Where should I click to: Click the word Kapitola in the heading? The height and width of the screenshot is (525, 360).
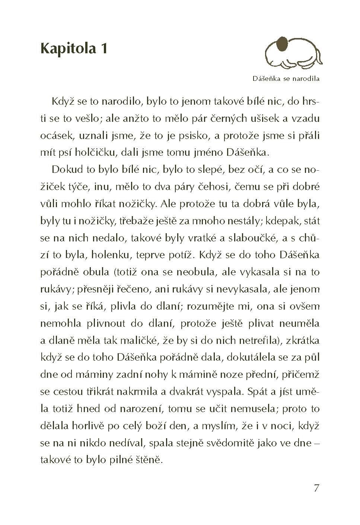point(67,48)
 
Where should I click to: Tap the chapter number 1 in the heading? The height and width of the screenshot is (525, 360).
point(103,48)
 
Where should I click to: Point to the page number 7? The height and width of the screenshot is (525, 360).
point(316,488)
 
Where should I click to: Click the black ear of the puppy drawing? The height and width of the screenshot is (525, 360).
point(283,44)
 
